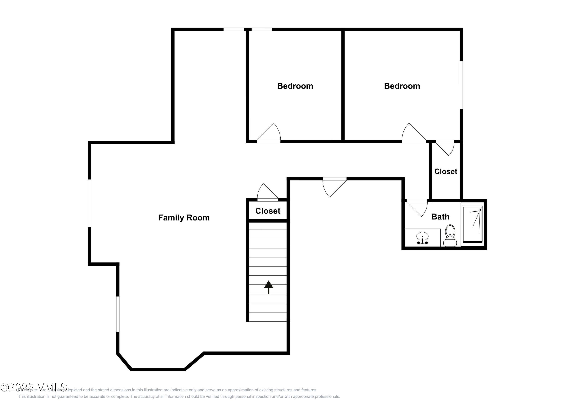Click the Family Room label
pos(184,218)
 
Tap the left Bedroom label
pos(295,86)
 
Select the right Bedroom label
pos(402,86)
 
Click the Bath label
pos(440,217)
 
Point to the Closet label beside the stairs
pos(268,211)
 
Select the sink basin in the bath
pos(422,236)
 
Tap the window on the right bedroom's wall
pos(461,85)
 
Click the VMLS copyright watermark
pos(34,387)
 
